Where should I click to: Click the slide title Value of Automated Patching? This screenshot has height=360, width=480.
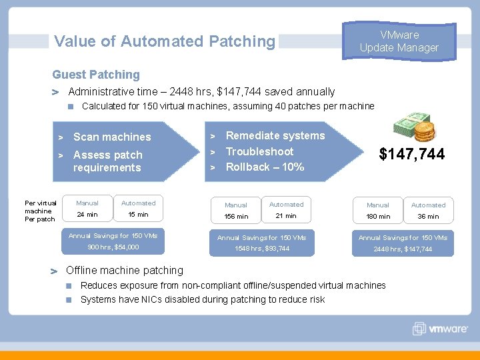point(164,41)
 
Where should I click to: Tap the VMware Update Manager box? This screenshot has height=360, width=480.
point(399,41)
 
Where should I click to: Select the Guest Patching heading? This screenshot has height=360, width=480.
point(96,75)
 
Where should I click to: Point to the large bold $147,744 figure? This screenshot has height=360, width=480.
point(411,155)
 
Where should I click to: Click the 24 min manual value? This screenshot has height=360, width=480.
point(87,215)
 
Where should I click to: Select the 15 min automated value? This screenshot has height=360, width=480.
point(138,215)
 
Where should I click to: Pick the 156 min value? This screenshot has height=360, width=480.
point(236,217)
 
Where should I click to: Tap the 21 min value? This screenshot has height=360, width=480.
point(286,216)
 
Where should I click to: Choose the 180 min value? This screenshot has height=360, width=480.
point(378,217)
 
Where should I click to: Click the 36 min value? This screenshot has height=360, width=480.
point(428,217)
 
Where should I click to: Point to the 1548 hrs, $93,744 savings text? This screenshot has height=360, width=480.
point(261,249)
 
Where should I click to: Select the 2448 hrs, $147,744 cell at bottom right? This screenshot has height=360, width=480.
point(403,249)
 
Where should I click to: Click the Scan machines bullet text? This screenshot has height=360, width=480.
point(112,137)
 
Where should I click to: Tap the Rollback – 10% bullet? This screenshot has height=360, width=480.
point(265,167)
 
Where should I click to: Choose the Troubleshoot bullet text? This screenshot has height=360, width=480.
point(259,152)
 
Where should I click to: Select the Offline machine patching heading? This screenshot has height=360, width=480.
point(125,271)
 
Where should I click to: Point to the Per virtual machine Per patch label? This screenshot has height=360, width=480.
point(40,211)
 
